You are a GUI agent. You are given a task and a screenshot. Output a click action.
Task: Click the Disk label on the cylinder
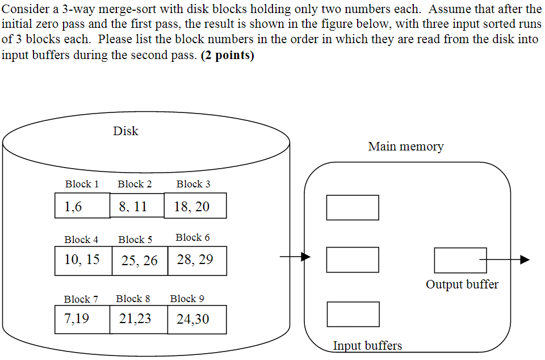click(x=125, y=131)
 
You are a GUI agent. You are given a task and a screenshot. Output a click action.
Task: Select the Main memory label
click(x=405, y=146)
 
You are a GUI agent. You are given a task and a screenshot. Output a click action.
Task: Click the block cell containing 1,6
click(x=82, y=206)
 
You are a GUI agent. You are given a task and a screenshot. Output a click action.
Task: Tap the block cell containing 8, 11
click(x=137, y=206)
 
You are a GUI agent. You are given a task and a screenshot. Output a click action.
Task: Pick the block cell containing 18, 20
click(x=195, y=206)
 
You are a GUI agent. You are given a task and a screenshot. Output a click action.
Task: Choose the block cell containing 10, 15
click(x=83, y=261)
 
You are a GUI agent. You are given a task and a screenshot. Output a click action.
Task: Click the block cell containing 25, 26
click(x=140, y=261)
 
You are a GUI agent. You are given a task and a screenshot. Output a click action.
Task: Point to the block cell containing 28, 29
click(x=197, y=261)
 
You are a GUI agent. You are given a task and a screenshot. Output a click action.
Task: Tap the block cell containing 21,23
click(x=138, y=319)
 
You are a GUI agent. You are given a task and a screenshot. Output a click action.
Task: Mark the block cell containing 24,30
click(x=196, y=319)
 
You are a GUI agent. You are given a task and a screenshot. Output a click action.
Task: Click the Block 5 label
click(x=135, y=240)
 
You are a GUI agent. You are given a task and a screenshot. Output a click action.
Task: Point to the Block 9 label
click(x=187, y=299)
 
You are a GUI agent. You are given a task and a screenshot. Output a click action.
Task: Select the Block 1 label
click(x=82, y=184)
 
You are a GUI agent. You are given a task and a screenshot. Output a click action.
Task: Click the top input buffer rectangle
click(x=353, y=207)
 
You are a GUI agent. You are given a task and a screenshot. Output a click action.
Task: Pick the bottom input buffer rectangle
click(x=353, y=314)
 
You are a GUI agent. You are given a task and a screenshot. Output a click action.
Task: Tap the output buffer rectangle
click(x=460, y=260)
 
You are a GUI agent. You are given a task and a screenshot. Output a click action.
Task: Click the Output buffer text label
click(x=462, y=284)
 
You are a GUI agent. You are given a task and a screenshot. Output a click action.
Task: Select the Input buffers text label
click(x=367, y=345)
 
